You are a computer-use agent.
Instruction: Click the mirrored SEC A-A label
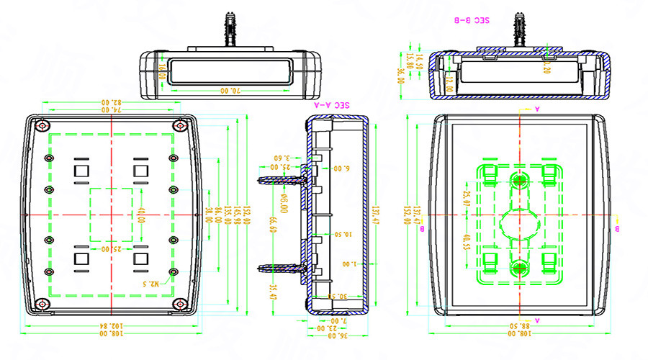point(332,104)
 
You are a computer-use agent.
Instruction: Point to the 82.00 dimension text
point(111,102)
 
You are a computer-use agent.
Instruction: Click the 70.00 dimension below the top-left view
point(229,91)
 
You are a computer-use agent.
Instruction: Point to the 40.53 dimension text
point(466,241)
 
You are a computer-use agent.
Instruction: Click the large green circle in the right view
point(519,222)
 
